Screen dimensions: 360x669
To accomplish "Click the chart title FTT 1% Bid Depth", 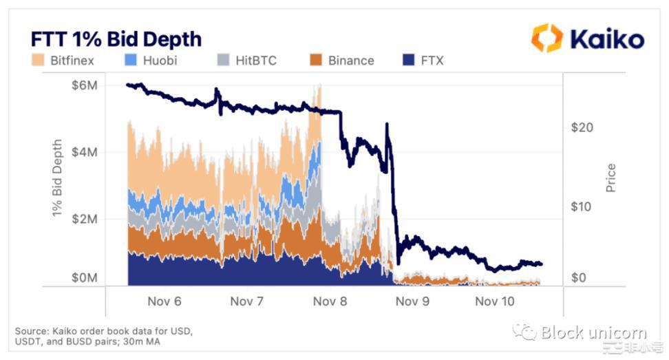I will pos(116,39).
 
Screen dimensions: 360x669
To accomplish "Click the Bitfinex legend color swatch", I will pos(38,61).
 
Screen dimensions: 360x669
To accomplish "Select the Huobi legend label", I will pos(160,61).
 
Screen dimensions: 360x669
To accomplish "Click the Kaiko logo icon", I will pos(547,38).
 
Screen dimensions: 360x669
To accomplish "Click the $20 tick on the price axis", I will pos(582,127).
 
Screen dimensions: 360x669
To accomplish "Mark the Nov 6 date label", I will pos(164,301).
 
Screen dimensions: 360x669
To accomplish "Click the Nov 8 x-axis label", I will pos(329,301).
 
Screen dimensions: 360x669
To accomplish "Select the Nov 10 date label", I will pos(495,301).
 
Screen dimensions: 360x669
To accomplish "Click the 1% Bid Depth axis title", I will pos(57,179).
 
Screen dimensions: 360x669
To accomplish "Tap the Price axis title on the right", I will pos(610,178).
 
